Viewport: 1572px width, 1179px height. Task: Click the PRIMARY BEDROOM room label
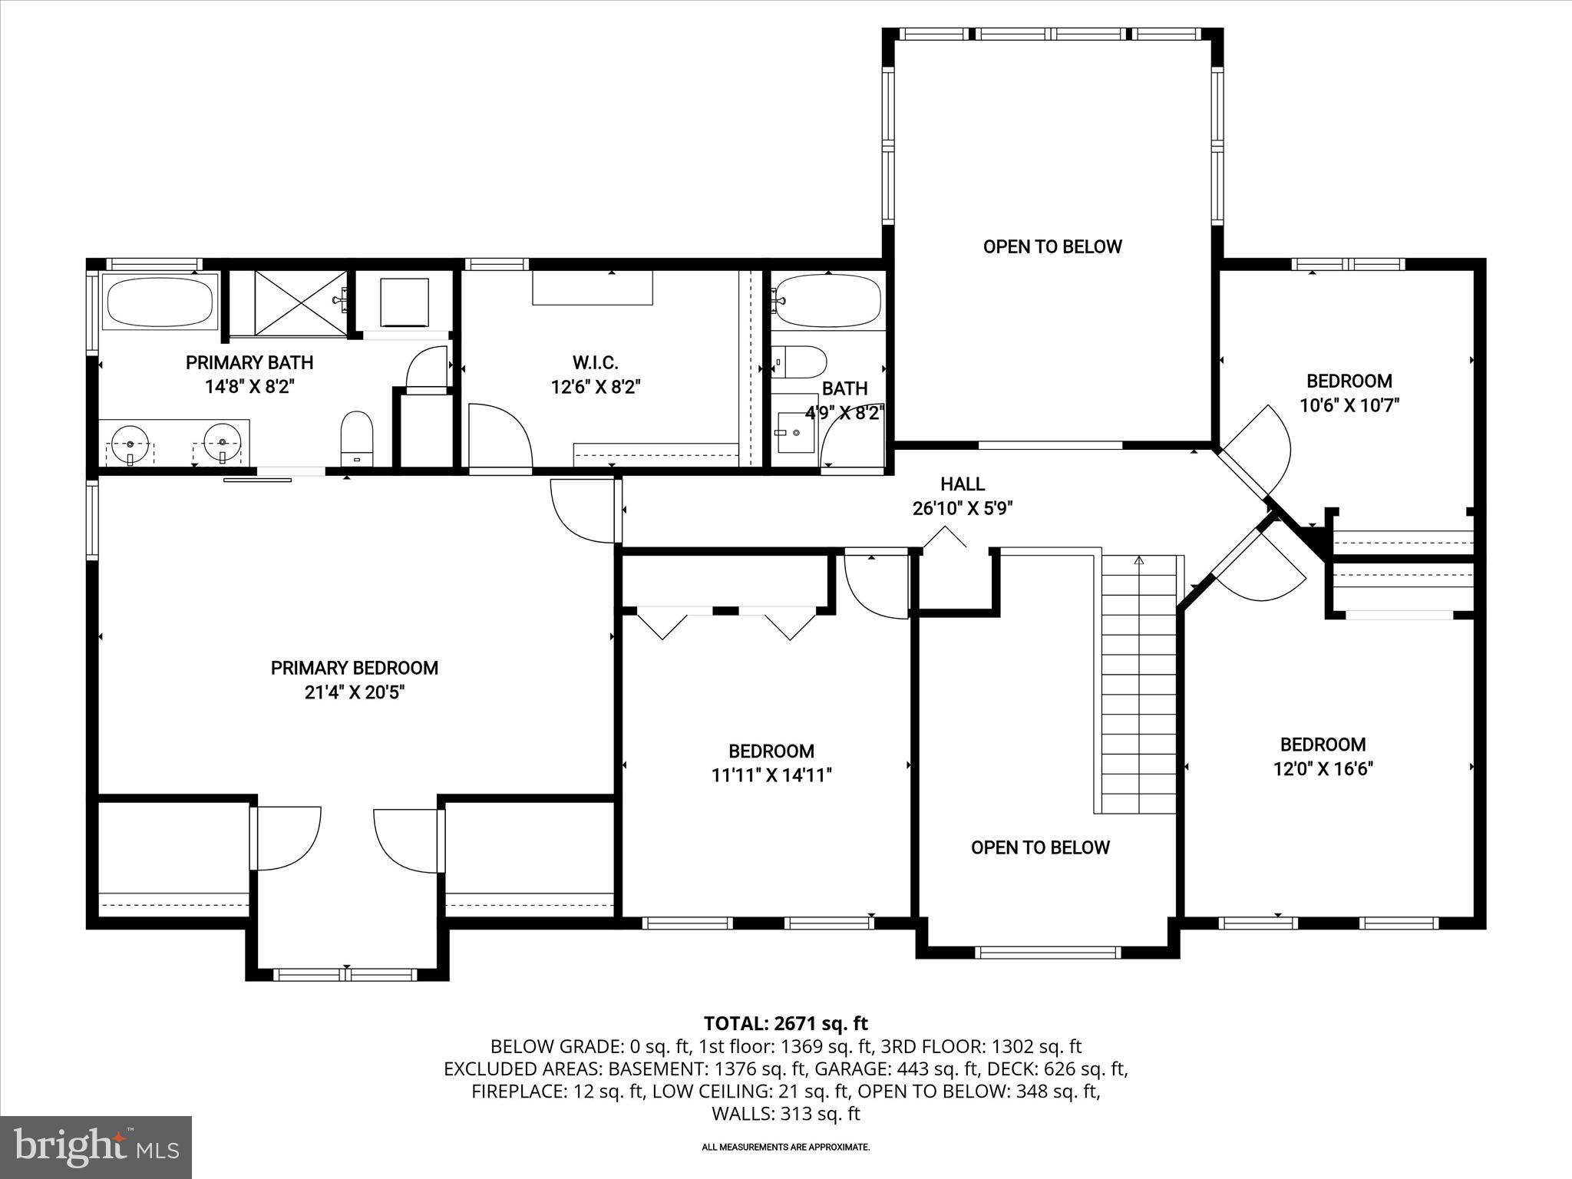click(354, 668)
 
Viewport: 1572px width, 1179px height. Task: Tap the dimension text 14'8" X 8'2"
click(249, 387)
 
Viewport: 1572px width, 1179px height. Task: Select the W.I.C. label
click(595, 362)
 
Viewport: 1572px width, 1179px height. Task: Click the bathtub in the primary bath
click(160, 302)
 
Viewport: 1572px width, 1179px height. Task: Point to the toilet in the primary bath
click(356, 438)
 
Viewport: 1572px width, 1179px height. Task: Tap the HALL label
click(963, 484)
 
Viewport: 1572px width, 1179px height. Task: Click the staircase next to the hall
click(1138, 683)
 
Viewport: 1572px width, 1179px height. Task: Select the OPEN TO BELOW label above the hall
click(1052, 246)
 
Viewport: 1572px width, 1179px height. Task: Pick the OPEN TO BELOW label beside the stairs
click(1040, 847)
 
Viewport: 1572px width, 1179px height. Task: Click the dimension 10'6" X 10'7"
click(1349, 405)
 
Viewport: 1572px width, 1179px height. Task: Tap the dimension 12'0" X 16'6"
click(1323, 769)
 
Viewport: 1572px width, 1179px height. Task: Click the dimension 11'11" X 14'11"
click(771, 775)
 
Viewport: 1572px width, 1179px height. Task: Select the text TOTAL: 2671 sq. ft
click(785, 1023)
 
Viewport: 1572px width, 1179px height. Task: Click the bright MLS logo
click(96, 1147)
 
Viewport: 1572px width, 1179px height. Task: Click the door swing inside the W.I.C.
click(499, 434)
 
